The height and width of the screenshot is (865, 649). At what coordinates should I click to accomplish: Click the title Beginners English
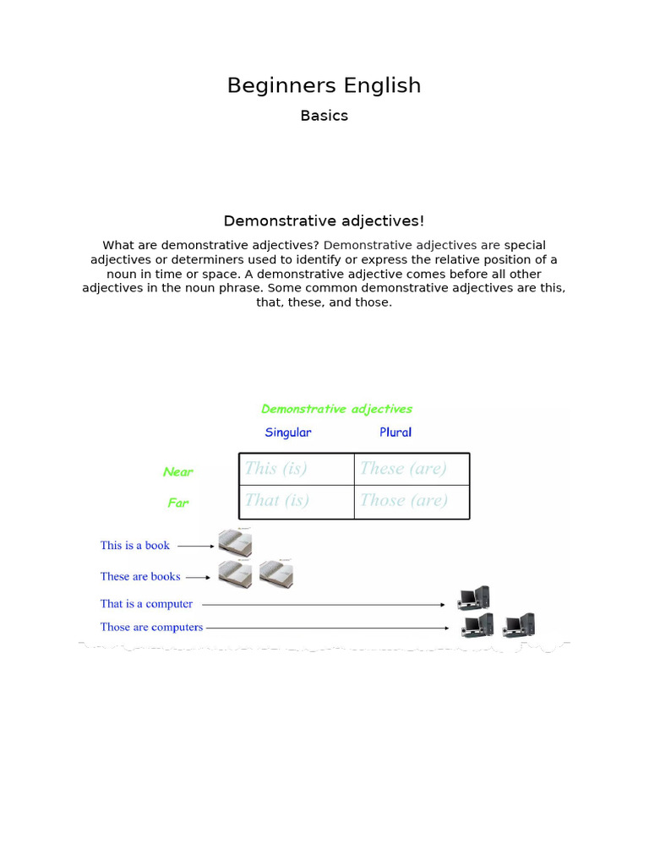point(324,85)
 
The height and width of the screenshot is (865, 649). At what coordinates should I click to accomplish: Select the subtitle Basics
point(324,116)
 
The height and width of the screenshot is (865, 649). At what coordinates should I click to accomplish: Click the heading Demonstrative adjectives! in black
point(324,220)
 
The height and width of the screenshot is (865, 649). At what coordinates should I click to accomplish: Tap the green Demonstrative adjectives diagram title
point(336,409)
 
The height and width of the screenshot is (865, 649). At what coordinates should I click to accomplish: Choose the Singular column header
point(287,432)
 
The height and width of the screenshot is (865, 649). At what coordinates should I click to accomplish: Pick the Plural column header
point(395,432)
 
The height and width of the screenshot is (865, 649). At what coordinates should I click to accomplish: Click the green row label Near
point(177,472)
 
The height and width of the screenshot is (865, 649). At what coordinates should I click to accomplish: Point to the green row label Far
point(177,503)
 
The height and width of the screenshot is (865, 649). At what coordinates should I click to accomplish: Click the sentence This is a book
point(135,546)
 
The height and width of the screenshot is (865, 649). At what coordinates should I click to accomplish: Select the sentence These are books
point(140,577)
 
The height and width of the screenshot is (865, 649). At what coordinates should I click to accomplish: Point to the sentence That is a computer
point(146,604)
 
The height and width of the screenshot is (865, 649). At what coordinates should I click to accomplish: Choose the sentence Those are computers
point(151,628)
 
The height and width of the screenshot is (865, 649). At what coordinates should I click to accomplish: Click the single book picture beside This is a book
point(235,543)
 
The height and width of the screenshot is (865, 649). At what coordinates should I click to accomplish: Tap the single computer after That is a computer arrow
point(473,599)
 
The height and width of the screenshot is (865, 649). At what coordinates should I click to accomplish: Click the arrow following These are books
point(198,578)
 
